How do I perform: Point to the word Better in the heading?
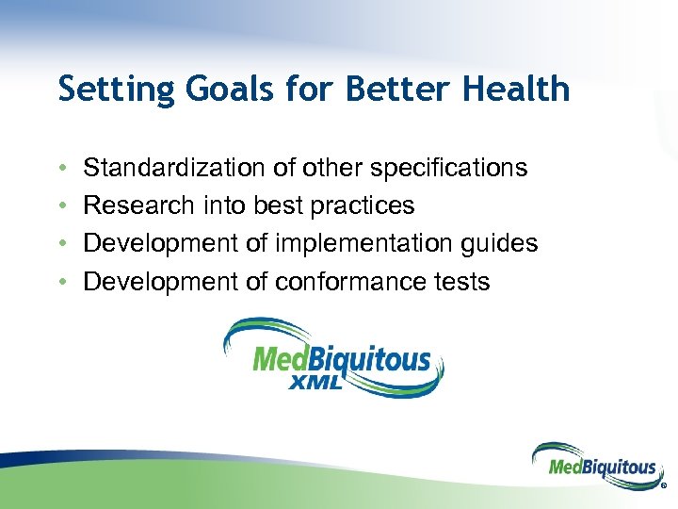tap(389, 89)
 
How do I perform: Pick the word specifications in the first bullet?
tap(448, 169)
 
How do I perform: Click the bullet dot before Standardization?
tap(61, 169)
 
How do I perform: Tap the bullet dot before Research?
tap(61, 206)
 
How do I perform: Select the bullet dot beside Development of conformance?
tap(61, 282)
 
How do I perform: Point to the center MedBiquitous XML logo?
tap(334, 358)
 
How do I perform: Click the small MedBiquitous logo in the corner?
tap(595, 465)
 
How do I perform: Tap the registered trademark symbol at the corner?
tap(664, 486)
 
